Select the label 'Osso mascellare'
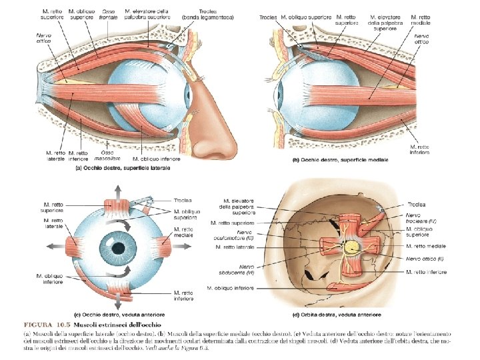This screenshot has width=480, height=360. (x=102, y=157)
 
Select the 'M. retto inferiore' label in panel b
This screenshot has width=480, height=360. (x=420, y=149)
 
